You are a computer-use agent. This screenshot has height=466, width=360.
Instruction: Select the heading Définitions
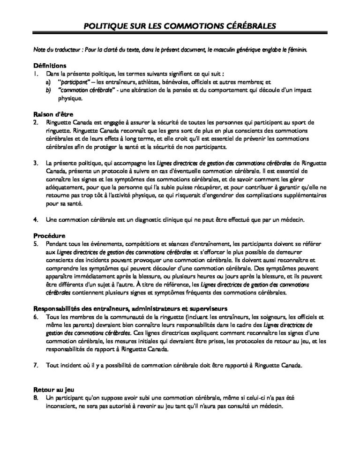(50, 66)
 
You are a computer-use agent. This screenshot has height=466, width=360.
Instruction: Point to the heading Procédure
(49, 235)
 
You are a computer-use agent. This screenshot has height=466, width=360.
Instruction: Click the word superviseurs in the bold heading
(205, 308)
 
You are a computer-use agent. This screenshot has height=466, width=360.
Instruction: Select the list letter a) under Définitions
(48, 82)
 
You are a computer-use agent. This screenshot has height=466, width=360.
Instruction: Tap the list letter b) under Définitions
(48, 90)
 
